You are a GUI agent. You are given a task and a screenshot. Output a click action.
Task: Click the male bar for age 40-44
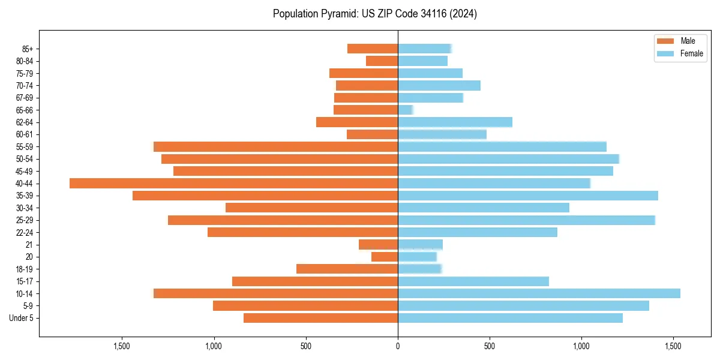click(x=233, y=183)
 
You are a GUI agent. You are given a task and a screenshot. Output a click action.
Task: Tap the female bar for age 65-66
click(x=405, y=110)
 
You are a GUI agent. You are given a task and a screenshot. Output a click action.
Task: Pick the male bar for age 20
click(x=385, y=257)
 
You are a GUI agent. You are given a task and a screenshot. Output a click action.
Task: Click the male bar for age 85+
click(x=373, y=49)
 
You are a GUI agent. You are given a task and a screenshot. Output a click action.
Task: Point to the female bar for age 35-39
click(x=528, y=196)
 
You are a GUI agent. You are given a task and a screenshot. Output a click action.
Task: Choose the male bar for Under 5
click(x=320, y=318)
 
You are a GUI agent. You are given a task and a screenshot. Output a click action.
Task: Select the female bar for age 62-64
click(x=455, y=122)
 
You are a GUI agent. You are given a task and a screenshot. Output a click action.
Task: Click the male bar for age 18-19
click(x=347, y=269)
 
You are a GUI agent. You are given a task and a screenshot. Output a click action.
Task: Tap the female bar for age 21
click(x=420, y=244)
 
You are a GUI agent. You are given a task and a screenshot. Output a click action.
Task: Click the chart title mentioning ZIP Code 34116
click(x=375, y=14)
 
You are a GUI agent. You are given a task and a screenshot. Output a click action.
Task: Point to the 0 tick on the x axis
click(x=398, y=346)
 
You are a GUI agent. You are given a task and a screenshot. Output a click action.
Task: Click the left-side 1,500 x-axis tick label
click(x=122, y=346)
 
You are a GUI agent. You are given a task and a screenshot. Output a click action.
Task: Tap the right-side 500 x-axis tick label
click(x=490, y=346)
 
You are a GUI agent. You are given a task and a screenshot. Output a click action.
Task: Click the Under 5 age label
click(x=22, y=318)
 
